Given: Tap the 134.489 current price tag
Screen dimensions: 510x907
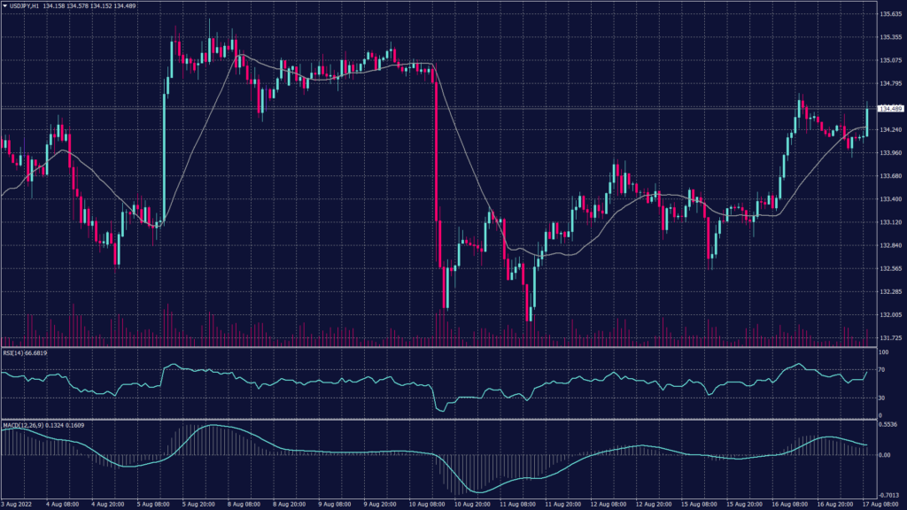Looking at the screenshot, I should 888,109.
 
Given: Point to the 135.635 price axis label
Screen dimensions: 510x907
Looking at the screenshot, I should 889,14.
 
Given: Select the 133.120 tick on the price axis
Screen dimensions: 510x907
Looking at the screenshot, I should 889,222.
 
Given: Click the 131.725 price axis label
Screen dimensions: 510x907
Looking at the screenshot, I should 889,337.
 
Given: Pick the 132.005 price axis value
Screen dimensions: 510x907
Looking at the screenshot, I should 889,314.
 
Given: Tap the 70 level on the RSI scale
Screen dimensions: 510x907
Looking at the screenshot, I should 881,369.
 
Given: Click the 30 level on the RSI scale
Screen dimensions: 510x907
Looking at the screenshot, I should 881,398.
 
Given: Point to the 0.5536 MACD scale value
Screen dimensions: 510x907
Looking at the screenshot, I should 888,426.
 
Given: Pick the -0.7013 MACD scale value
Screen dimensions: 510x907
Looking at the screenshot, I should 888,496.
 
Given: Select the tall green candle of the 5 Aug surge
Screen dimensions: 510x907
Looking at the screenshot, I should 165,151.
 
